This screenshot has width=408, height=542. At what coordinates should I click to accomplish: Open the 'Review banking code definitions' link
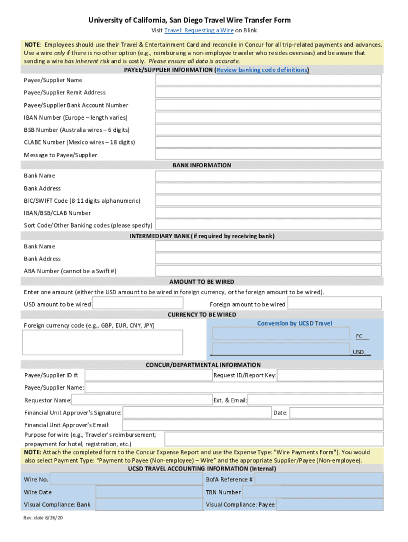[x=262, y=70]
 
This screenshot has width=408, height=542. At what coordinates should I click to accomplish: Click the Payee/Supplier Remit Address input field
[x=268, y=93]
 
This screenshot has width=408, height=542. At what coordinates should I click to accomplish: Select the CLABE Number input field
[x=268, y=142]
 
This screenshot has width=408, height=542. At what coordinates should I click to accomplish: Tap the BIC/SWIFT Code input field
[x=268, y=201]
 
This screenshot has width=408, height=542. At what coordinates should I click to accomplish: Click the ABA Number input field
[x=268, y=271]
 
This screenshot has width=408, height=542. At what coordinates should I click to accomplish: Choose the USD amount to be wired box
[x=138, y=303]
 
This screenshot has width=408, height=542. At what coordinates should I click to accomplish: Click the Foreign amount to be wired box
[x=334, y=303]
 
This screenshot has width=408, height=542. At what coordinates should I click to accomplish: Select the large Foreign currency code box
[x=102, y=342]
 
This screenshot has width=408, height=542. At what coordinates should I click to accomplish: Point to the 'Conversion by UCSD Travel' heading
[x=295, y=323]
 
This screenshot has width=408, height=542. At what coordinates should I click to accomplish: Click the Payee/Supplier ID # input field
[x=148, y=375]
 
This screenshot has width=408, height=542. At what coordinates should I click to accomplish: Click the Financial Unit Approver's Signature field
[x=197, y=413]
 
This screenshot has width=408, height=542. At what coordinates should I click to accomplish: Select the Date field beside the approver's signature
[x=336, y=413]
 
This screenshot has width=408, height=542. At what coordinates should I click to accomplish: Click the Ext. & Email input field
[x=315, y=401]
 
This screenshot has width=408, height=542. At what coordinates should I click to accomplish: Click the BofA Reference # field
[x=318, y=480]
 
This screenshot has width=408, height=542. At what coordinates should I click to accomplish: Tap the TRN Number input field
[x=313, y=492]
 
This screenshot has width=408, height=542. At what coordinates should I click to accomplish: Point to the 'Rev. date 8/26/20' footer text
[x=43, y=518]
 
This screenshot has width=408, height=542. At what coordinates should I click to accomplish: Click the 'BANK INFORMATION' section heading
[x=202, y=165]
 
